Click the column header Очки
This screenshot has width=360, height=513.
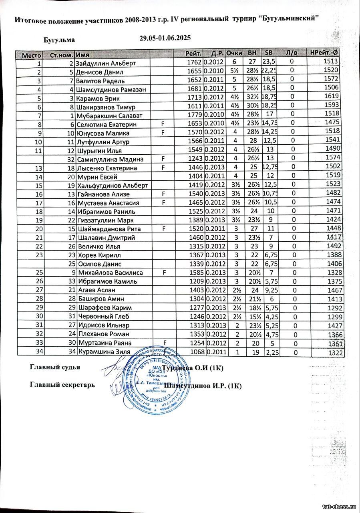[234, 53]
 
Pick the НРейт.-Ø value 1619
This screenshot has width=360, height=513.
[332, 96]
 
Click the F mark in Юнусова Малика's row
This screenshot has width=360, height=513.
[163, 133]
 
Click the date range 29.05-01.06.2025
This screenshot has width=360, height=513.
[165, 38]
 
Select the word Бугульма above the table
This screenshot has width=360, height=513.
[59, 40]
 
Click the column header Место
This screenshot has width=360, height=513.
[31, 55]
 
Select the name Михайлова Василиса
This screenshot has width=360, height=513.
[105, 273]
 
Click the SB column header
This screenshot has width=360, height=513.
[268, 53]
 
